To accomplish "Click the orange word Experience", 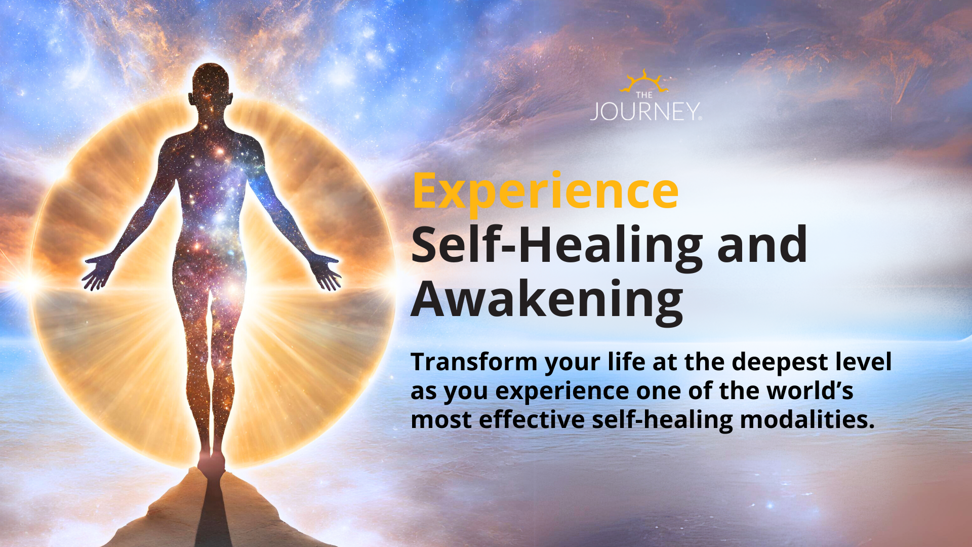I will coord(545,191).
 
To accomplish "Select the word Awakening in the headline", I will coord(547,300).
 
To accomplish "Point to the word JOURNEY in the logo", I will coord(644,112).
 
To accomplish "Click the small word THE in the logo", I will coord(644,95).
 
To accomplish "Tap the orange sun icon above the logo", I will coord(643,81).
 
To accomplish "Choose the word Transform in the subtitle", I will coord(474,362).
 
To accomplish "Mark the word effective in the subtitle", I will coord(532,420).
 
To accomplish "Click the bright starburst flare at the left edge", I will coord(28,284).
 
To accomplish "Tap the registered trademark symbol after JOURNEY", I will coord(700,119).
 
